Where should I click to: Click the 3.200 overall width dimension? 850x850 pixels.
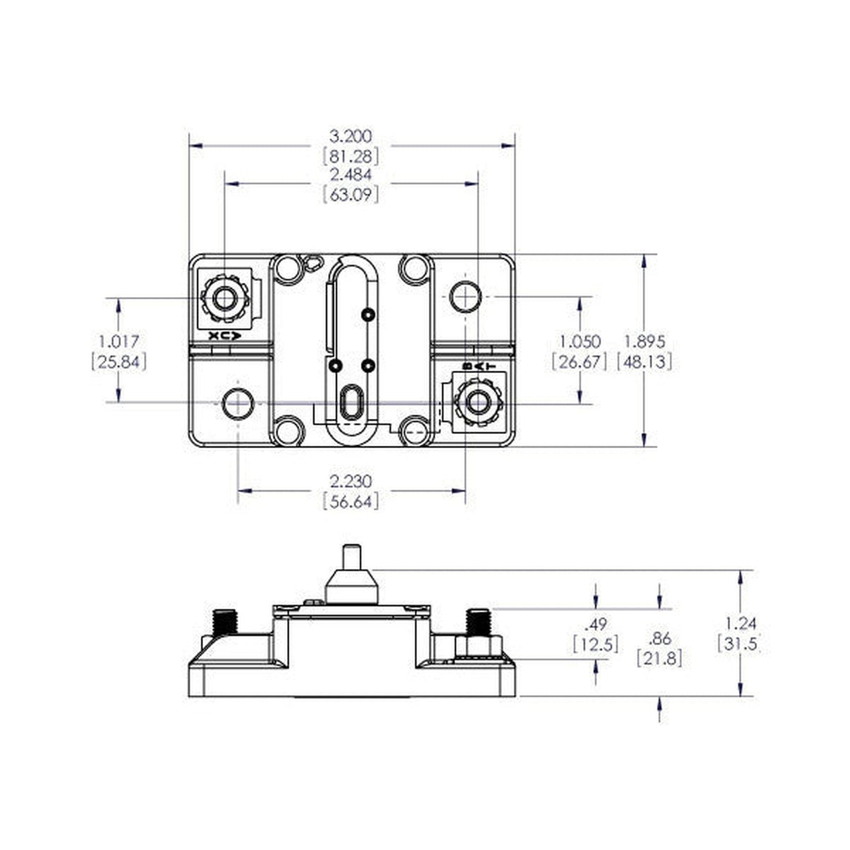coord(351,136)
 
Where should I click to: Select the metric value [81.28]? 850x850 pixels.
coord(351,156)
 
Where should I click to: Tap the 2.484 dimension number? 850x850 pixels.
coord(351,175)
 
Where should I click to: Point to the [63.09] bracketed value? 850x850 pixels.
coord(351,194)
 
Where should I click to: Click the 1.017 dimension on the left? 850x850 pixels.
coord(119,341)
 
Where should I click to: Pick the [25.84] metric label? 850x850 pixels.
coord(119,361)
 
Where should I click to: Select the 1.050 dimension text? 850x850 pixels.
coord(579,341)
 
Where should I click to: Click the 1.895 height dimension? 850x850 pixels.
coord(644,341)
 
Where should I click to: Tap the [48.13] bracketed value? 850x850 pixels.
coord(644,361)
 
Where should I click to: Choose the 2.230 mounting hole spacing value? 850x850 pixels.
coord(351,481)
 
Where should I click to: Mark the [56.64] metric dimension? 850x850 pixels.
coord(351,501)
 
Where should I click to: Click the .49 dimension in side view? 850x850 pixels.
coord(596,624)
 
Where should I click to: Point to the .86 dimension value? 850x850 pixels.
coord(659,638)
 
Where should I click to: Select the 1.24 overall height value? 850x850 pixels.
coord(739,624)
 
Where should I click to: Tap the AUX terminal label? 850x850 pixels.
coord(225,336)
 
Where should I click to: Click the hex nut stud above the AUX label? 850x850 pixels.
coord(224,299)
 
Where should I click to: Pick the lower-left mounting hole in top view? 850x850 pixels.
coord(237,404)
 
